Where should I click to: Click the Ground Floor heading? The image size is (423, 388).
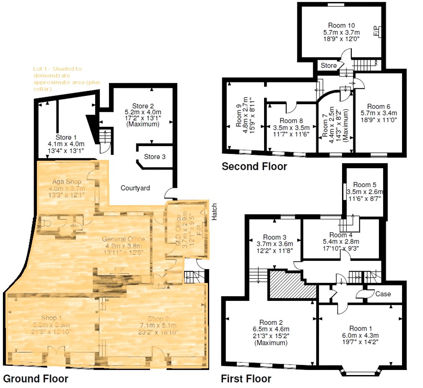tap(35, 379)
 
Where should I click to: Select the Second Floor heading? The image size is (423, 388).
tap(254, 167)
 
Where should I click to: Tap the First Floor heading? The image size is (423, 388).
tap(246, 379)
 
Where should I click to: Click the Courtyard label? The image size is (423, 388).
tap(135, 188)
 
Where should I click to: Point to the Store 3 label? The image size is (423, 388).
tap(155, 157)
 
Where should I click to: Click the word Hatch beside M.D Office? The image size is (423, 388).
tap(215, 215)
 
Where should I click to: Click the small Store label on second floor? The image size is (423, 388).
tap(329, 66)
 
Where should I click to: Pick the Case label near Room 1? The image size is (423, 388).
tap(383, 294)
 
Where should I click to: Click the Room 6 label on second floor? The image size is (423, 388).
tap(379, 106)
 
